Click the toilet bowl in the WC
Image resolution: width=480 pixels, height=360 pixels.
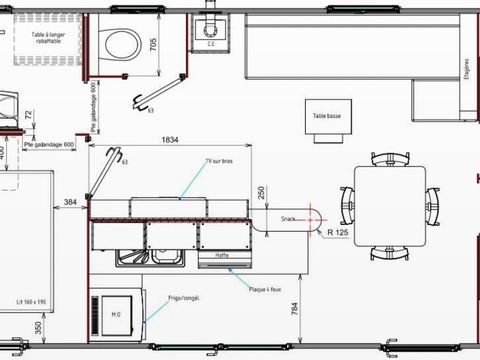122,42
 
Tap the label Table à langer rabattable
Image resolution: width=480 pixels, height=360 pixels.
41,37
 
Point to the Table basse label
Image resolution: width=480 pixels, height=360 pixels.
326,116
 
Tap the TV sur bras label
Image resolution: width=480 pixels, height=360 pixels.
218,160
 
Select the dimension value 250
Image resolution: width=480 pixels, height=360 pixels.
260,192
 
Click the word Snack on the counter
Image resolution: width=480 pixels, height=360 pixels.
288,217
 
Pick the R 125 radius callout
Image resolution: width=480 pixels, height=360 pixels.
336,233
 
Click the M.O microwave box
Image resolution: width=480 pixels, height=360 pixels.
116,317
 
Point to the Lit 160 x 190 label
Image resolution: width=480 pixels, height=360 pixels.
32,300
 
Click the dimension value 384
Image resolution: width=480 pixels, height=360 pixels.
70,203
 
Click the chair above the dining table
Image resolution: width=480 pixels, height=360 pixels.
389,159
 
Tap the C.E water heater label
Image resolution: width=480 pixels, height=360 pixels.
211,44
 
